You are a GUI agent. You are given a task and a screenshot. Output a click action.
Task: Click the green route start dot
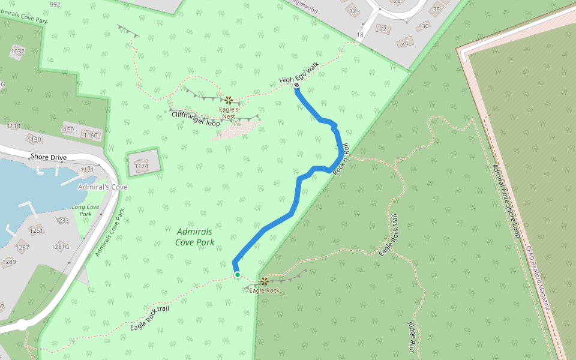[x=238, y=275]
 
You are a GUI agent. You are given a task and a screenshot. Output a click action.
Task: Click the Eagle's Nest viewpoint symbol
[x=229, y=100]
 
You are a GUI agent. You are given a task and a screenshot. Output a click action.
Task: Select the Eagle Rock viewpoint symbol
[x=263, y=280]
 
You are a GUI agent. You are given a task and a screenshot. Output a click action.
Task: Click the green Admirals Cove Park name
[x=195, y=237]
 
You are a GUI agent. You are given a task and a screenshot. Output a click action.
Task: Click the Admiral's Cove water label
[x=103, y=187]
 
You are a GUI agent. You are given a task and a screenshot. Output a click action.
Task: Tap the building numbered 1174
[x=142, y=165]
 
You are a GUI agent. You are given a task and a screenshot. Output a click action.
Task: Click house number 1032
[x=17, y=52]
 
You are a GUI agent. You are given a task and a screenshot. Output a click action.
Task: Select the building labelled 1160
[x=90, y=135]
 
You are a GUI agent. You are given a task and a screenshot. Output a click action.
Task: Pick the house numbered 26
[x=405, y=43]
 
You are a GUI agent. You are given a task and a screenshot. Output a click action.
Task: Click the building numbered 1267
[x=22, y=247]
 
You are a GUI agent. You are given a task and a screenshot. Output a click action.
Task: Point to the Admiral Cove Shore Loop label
[x=506, y=200]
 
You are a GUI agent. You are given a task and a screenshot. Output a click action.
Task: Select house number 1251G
[x=61, y=247]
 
